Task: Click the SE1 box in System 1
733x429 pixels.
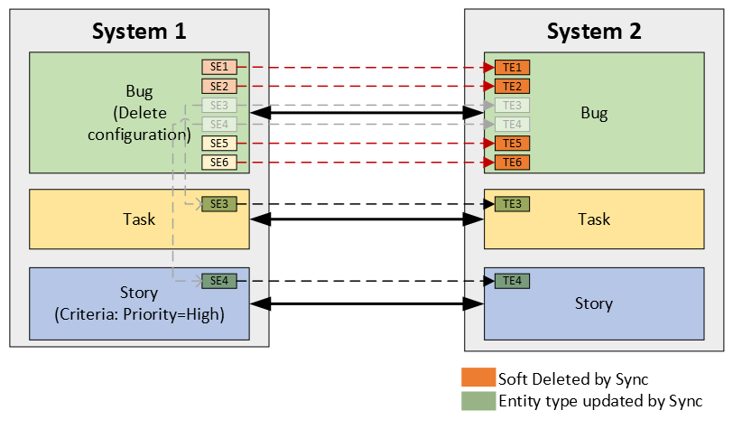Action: (218, 67)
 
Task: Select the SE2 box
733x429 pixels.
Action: (218, 86)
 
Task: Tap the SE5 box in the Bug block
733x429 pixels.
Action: (218, 143)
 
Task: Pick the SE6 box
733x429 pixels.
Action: (218, 162)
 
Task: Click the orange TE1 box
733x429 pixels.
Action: (512, 67)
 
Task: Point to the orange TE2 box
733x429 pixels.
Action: (512, 86)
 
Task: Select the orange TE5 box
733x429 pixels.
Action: (512, 143)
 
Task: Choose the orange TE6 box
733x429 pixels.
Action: (512, 162)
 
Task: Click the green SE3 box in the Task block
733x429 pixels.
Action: (218, 204)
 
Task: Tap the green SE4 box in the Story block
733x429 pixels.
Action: (218, 281)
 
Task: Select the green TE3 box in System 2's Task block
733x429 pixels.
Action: (512, 204)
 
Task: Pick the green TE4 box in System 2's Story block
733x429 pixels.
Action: (512, 281)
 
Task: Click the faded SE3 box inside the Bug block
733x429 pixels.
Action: (218, 105)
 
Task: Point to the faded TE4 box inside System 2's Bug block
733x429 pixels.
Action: (512, 124)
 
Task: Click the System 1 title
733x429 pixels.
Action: (139, 31)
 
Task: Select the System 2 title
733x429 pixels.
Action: (594, 31)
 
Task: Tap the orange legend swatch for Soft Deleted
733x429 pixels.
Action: (478, 378)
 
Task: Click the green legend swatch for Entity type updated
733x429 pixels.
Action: (478, 400)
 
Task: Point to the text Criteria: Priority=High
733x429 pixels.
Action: (139, 313)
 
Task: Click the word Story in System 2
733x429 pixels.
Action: (594, 303)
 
